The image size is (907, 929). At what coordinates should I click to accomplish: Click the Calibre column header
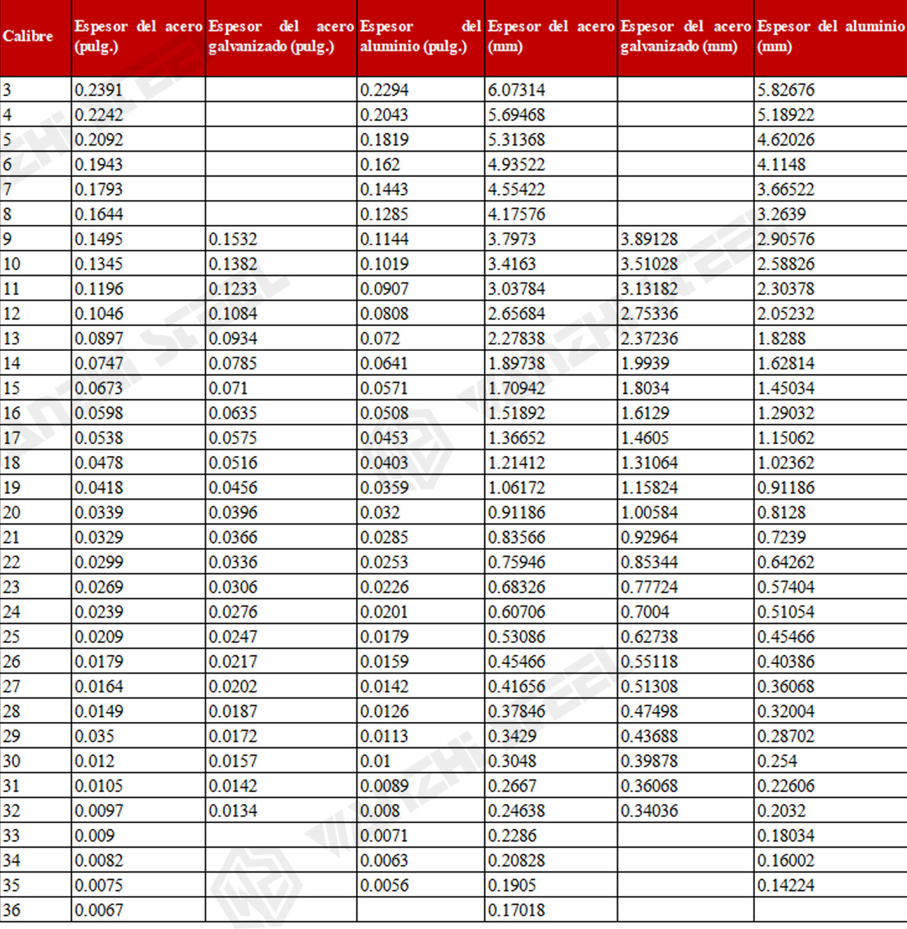[x=28, y=36]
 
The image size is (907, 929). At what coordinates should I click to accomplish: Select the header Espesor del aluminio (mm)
[x=830, y=36]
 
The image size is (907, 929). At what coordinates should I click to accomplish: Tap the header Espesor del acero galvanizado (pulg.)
[x=280, y=36]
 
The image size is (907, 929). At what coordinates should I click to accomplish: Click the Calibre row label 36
[x=12, y=910]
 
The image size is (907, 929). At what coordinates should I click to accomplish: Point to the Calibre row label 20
[x=12, y=513]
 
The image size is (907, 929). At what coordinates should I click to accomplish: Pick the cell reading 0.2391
[x=98, y=90]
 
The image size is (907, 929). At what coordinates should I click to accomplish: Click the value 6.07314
[x=516, y=90]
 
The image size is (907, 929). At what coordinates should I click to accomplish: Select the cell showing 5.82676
[x=786, y=90]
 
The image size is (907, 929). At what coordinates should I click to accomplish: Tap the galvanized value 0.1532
[x=233, y=239]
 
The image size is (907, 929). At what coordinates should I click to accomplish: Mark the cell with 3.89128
[x=649, y=239]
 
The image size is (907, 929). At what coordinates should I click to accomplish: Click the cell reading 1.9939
[x=645, y=363]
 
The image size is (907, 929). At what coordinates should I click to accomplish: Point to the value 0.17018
[x=516, y=910]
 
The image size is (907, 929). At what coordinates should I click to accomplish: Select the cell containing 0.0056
[x=384, y=885]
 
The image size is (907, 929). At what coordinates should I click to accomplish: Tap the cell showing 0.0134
[x=233, y=810]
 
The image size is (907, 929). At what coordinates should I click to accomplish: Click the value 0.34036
[x=649, y=810]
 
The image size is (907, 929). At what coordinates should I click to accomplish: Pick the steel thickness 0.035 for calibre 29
[x=94, y=736]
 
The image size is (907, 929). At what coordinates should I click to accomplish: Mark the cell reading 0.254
[x=777, y=761]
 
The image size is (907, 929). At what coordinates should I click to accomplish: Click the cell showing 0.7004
[x=645, y=612]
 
